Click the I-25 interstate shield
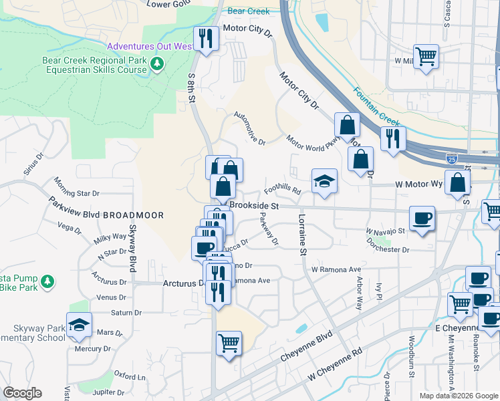click(x=453, y=159)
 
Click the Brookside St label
click(x=253, y=207)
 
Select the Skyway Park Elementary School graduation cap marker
click(x=79, y=325)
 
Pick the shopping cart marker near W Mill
click(x=425, y=55)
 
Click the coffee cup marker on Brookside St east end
click(x=422, y=219)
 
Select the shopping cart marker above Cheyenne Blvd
click(x=229, y=344)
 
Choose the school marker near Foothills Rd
click(x=324, y=182)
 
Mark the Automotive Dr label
click(x=249, y=129)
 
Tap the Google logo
click(x=23, y=392)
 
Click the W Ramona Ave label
click(x=336, y=269)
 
